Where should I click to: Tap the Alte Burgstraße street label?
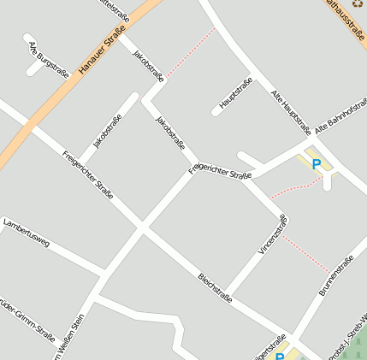coord(48,59)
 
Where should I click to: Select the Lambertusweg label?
coord(27,233)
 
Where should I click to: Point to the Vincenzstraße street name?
coord(273,234)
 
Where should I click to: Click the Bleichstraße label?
coord(215,288)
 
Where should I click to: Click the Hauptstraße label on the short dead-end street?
coord(236,93)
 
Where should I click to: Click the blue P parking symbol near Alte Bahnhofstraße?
coord(316,163)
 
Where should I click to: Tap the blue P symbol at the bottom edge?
coord(279,356)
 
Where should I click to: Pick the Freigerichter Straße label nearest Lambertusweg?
coord(87,174)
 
